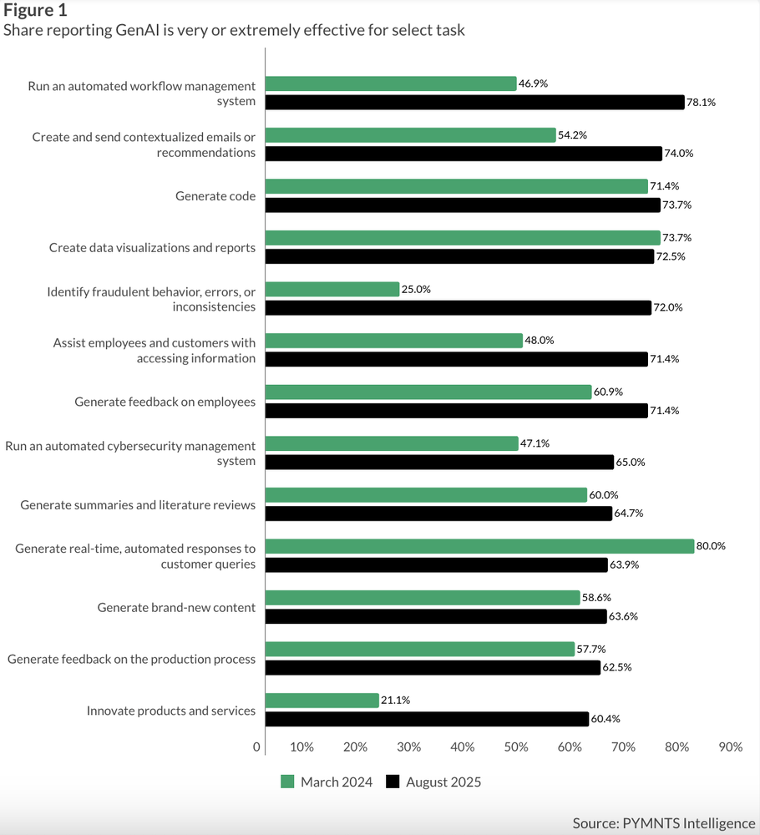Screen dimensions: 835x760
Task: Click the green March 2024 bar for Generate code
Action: tap(456, 186)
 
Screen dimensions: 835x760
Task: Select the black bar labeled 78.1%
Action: tap(474, 102)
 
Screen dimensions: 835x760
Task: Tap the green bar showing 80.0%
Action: tap(479, 546)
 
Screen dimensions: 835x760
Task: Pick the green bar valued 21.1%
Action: tap(322, 701)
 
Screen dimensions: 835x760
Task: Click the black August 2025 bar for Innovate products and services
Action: tap(426, 719)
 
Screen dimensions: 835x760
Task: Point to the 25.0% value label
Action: tap(416, 289)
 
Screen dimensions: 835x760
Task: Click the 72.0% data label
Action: tap(668, 307)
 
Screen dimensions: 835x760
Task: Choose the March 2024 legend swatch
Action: tap(287, 782)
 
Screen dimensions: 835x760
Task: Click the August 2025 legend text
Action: tap(443, 782)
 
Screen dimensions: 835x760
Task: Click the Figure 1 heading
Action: tap(36, 11)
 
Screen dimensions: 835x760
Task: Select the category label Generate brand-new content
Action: tap(176, 607)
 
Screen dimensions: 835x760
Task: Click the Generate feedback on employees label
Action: tap(165, 402)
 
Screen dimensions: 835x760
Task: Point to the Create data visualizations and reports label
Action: tap(152, 247)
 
